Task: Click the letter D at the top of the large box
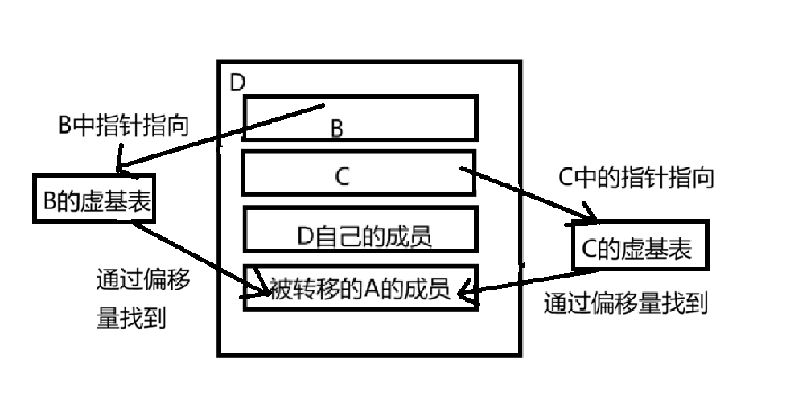pyautogui.click(x=237, y=83)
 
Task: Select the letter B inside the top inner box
pyautogui.click(x=338, y=128)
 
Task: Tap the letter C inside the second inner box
pyautogui.click(x=342, y=178)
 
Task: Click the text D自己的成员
pyautogui.click(x=364, y=236)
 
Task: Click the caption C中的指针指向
pyautogui.click(x=635, y=179)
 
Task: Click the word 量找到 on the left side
pyautogui.click(x=131, y=319)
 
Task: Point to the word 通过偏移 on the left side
pyautogui.click(x=142, y=281)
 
